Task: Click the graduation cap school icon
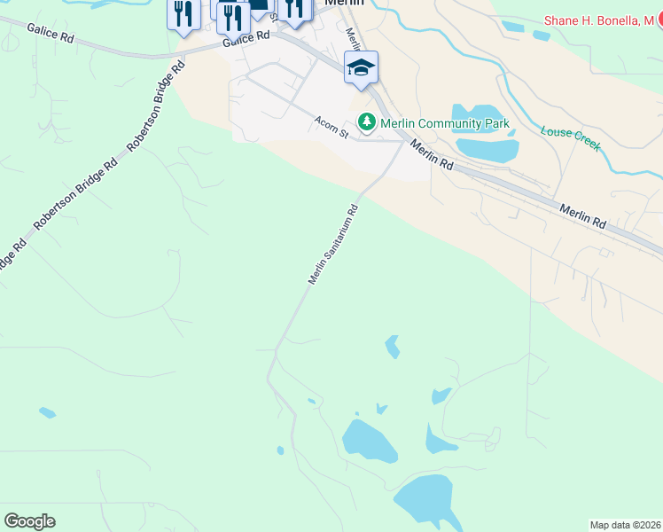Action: (x=361, y=67)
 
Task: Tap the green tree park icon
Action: (x=364, y=121)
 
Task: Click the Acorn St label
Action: (x=331, y=126)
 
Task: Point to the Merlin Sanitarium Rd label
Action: (x=333, y=245)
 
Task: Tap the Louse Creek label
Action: (x=571, y=137)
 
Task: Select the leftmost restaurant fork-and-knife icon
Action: (x=183, y=14)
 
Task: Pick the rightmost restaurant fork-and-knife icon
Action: (x=293, y=9)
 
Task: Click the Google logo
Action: (x=29, y=521)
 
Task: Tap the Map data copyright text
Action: (x=625, y=524)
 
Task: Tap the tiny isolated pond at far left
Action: (x=47, y=412)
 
